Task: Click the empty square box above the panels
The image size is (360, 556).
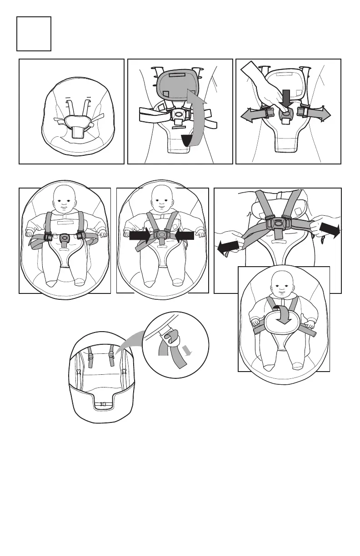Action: coord(34,34)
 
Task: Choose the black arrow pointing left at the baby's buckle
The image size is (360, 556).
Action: coord(184,235)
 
